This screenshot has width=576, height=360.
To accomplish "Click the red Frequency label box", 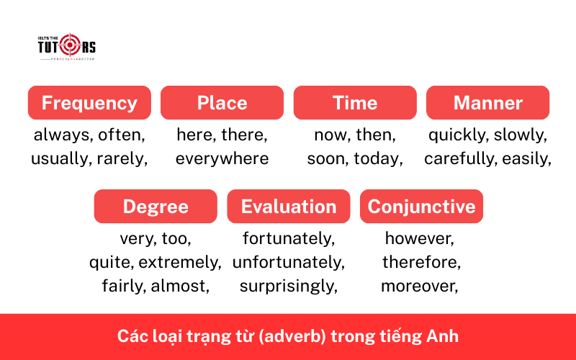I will pos(89,103).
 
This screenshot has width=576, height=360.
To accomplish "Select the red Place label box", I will pos(222,103).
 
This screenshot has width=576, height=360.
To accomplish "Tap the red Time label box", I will pos(355,103).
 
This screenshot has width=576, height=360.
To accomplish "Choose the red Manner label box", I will pos(487,103).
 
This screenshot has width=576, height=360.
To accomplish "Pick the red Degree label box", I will pos(156,207).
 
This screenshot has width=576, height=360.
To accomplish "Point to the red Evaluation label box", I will pos(289,207).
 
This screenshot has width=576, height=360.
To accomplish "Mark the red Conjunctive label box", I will pos(421,207).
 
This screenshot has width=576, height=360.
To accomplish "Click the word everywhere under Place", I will pos(222,158).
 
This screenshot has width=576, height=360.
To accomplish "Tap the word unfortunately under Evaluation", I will pos(288,262).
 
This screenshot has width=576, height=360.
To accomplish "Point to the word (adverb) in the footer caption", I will pos(305,336).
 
